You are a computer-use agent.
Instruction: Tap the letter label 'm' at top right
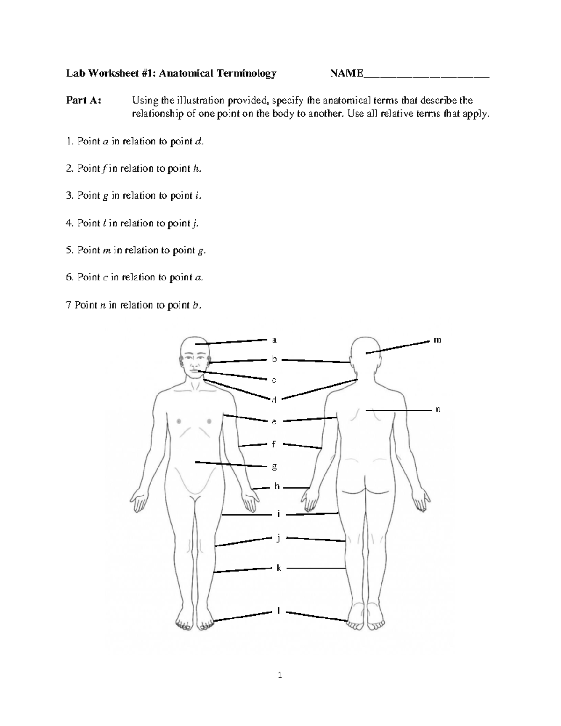[x=437, y=340]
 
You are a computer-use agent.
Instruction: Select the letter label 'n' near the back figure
[x=438, y=409]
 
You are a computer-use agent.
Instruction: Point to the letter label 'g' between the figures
[x=274, y=467]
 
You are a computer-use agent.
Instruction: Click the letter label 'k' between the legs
[x=279, y=568]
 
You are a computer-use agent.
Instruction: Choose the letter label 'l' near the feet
[x=279, y=611]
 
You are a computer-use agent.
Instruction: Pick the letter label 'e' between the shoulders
[x=274, y=422]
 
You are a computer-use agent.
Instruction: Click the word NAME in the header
[x=346, y=73]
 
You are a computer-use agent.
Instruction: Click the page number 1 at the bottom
[x=280, y=675]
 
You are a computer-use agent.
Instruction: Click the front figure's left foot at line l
[x=205, y=620]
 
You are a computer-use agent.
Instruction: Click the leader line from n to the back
[x=397, y=410]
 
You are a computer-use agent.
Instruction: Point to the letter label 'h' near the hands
[x=277, y=487]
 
